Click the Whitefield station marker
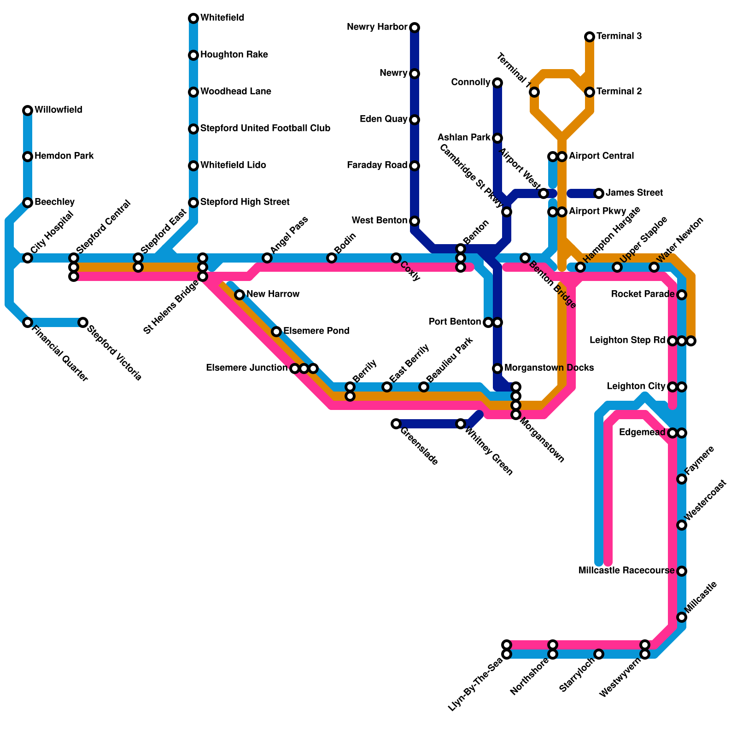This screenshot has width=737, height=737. [x=193, y=18]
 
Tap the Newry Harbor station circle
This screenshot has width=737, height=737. [x=415, y=28]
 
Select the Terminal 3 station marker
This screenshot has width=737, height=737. [x=590, y=37]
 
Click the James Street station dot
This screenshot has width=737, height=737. [x=599, y=193]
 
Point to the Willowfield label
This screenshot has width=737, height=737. [x=58, y=110]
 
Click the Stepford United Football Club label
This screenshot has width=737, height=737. [x=265, y=129]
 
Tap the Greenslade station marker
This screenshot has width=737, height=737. [x=396, y=424]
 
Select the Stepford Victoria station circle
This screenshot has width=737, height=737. [x=83, y=322]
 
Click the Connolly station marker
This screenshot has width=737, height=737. [x=497, y=83]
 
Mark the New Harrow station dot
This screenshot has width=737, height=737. [x=240, y=295]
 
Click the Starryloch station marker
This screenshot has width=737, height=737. [x=599, y=654]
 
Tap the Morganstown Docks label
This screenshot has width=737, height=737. [x=549, y=368]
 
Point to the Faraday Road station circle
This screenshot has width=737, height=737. [x=415, y=166]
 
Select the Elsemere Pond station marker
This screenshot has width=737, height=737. [x=276, y=332]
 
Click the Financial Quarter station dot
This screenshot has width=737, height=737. [x=28, y=322]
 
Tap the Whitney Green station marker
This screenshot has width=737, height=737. [x=461, y=424]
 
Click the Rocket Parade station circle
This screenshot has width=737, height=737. [x=682, y=295]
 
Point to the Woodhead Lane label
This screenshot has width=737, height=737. [x=236, y=92]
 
